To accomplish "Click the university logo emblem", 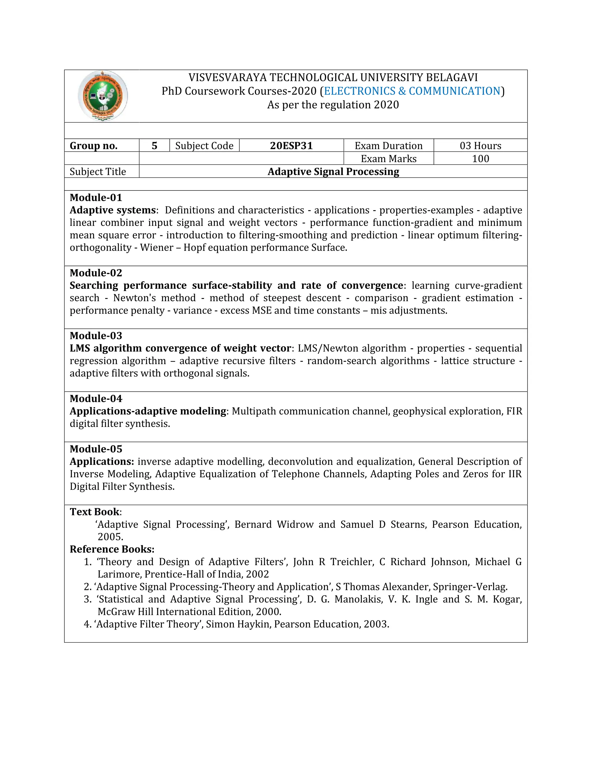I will (x=102, y=96).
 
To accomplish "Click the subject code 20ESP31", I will (x=291, y=146).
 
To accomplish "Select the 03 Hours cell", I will (x=480, y=146).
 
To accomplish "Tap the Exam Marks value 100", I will (x=480, y=158).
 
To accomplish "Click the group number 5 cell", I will (x=154, y=146).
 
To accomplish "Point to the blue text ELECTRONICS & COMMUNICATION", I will (x=412, y=91).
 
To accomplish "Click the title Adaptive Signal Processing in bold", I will (x=333, y=171).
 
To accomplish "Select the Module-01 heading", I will (x=96, y=197).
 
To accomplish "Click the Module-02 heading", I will (x=96, y=273).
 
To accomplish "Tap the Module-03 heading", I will (x=96, y=336).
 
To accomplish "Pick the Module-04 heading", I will (x=96, y=398).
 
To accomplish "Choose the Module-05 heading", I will (x=96, y=449).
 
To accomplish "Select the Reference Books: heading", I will (x=112, y=549).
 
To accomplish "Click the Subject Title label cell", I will (x=98, y=171).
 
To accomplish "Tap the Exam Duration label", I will (x=388, y=146).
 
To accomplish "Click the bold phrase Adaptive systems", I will (x=112, y=210).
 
